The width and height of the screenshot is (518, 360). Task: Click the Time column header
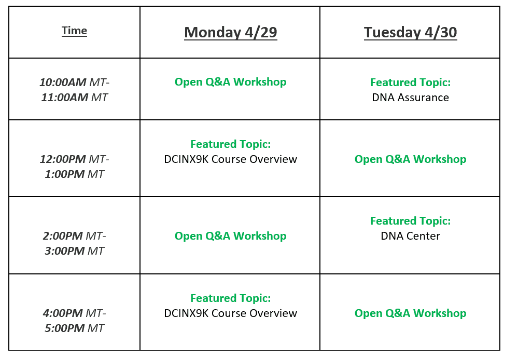[x=74, y=31]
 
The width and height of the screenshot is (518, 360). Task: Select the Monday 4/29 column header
[x=231, y=32]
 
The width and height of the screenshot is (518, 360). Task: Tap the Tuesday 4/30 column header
[x=410, y=32]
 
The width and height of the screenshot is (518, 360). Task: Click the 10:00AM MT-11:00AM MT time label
[x=74, y=90]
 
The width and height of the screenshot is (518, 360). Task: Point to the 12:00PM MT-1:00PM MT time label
[x=74, y=167]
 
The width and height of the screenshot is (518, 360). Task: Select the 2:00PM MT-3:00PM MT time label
[x=74, y=243]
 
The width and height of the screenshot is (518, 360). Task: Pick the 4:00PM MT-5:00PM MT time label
[x=74, y=321]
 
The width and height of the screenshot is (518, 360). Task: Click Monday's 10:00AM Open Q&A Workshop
[x=231, y=81]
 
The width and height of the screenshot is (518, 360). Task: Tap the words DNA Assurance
[x=410, y=98]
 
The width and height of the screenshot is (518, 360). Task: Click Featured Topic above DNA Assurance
[x=410, y=82]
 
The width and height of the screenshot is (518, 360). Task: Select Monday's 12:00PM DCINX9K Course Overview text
[x=231, y=159]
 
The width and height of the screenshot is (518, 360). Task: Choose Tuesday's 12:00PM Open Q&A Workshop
[x=410, y=159]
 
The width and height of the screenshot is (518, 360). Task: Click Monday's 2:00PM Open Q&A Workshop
[x=231, y=236]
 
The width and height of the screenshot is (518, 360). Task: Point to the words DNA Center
[x=410, y=236]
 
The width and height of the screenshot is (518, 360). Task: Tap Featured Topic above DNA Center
[x=410, y=220]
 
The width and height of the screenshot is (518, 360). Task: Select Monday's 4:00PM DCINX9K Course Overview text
[x=231, y=313]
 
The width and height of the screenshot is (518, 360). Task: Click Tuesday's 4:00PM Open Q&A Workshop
[x=410, y=313]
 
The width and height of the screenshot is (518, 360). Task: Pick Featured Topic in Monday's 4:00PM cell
[x=231, y=298]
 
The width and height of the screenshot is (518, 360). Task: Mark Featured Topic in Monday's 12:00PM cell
[x=231, y=144]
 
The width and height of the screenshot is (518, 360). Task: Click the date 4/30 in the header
[x=441, y=32]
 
